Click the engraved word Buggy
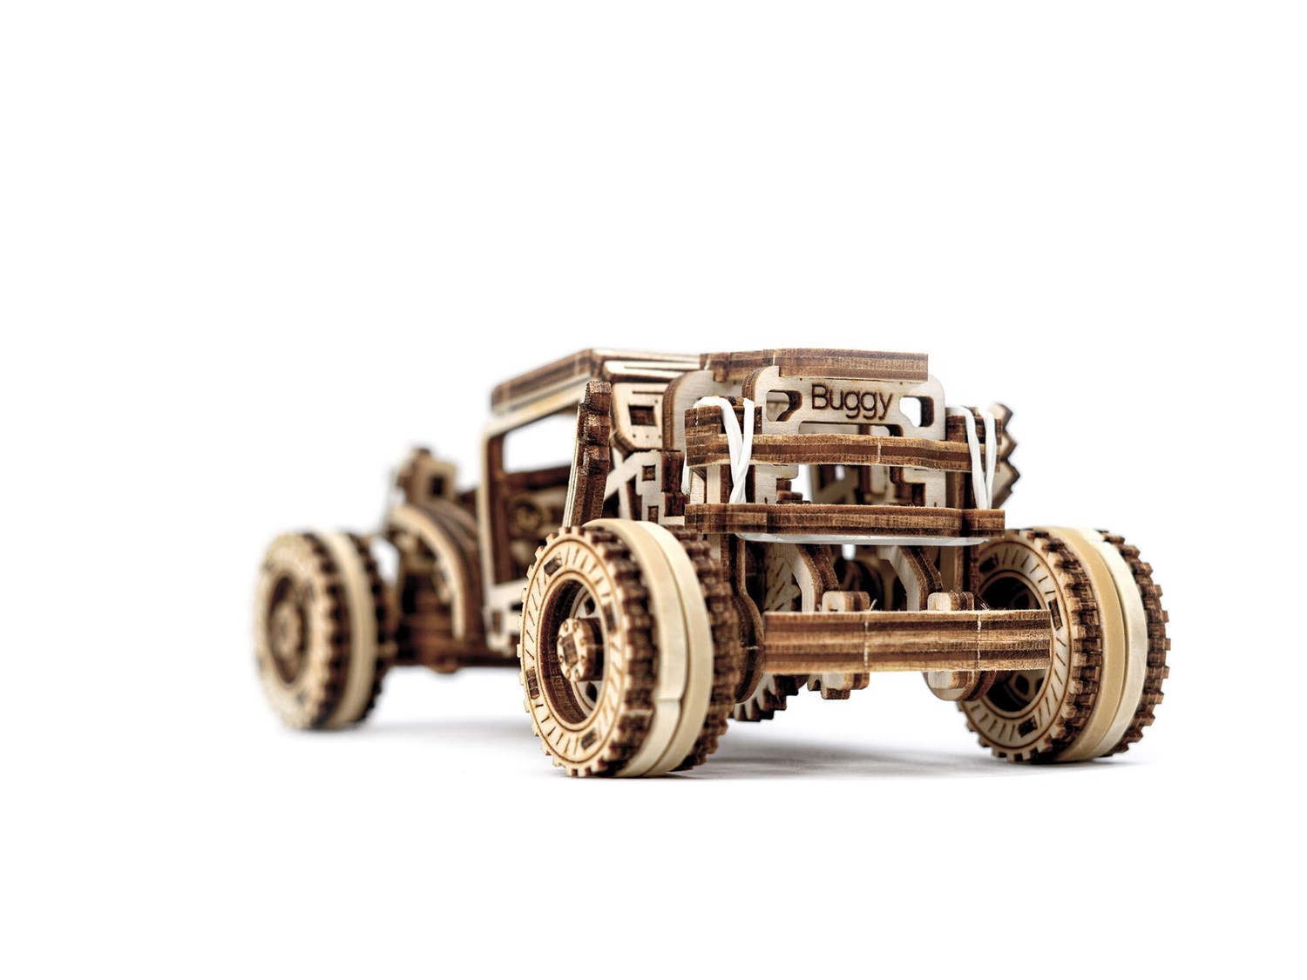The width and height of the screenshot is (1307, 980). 851,402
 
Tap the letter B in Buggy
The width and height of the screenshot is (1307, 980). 820,398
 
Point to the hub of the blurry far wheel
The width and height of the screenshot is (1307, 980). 283,624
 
